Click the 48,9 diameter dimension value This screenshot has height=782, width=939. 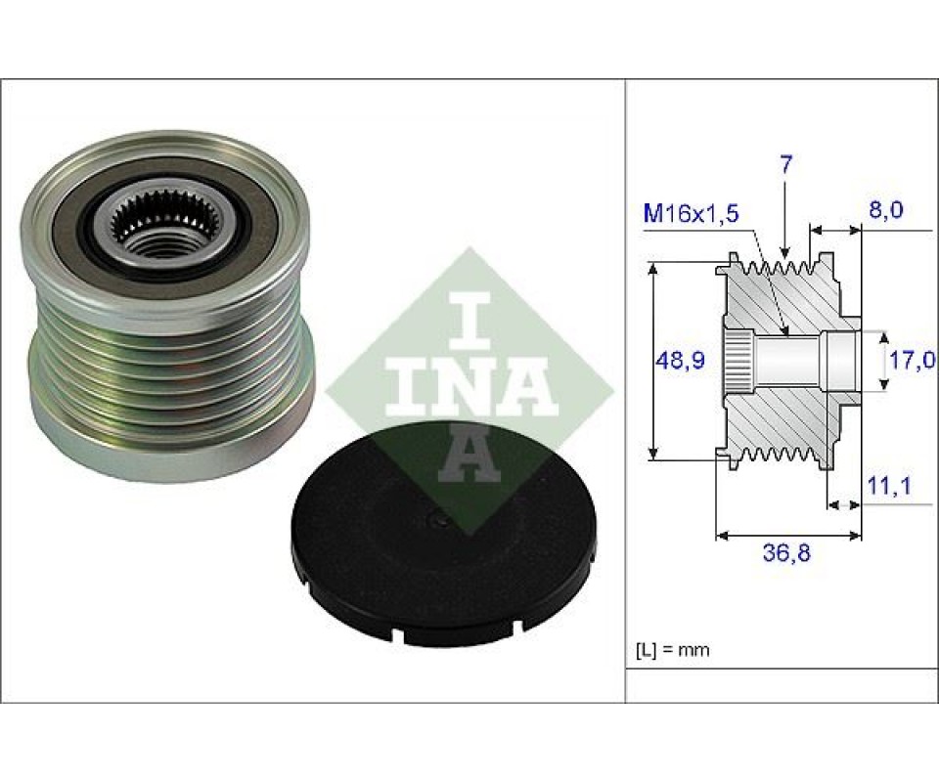[x=681, y=360]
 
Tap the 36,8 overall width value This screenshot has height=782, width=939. [x=786, y=553]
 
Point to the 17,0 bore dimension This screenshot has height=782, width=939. [x=911, y=360]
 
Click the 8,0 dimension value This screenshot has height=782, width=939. [x=885, y=210]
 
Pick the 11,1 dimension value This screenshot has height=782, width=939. [x=889, y=486]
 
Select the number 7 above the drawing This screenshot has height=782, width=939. [x=786, y=164]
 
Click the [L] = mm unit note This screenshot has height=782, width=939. [x=673, y=649]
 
